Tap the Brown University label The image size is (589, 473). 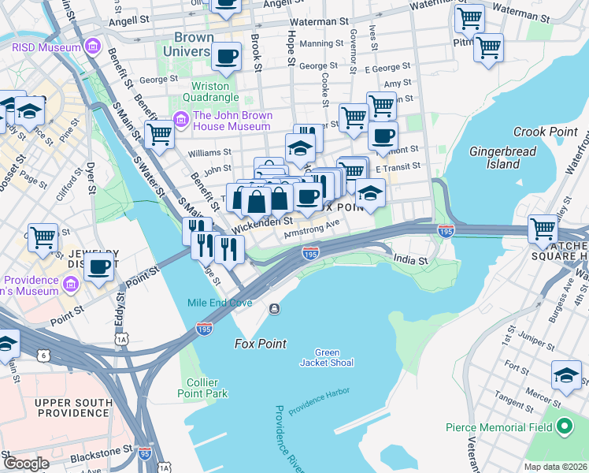pos(188,44)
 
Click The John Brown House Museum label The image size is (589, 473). pos(233,121)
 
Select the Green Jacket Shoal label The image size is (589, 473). pos(326,357)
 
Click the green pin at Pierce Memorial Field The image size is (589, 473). pos(564,427)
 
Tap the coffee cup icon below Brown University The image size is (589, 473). pos(226,56)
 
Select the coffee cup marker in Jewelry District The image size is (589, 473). pos(98,268)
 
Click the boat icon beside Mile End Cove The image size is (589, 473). pos(274,308)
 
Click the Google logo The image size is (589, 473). pos(27,464)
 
